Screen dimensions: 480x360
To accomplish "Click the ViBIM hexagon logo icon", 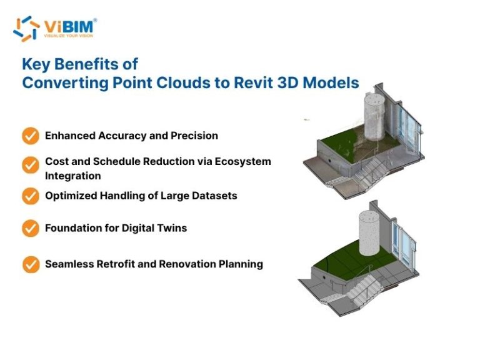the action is (26, 29).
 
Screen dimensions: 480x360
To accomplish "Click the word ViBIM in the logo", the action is (69, 26).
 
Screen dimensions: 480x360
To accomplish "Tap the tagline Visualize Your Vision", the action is (69, 36).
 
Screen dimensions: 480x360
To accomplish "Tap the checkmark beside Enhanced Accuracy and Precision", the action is (30, 136).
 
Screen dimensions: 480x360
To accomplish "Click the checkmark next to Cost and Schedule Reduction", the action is (30, 165).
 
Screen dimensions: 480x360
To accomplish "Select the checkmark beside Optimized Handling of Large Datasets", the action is (30, 196).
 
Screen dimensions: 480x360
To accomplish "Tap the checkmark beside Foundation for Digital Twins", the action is (30, 228).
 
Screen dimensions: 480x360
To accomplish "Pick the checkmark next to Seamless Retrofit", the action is (31, 264).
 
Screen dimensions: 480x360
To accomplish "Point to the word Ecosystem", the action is (242, 162).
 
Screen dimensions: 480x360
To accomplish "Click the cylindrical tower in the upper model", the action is (374, 117).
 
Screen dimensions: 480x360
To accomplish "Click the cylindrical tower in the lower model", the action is (369, 233).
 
